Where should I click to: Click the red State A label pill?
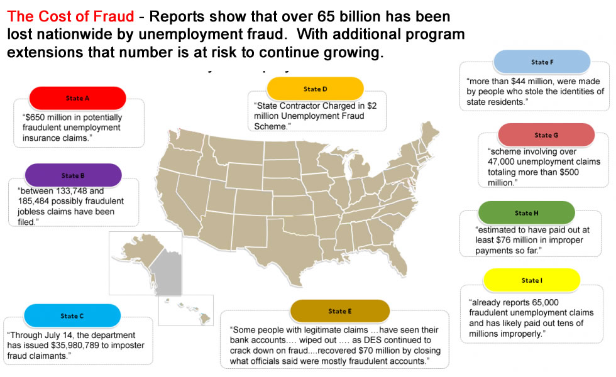click(77, 98)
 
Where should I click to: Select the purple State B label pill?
click(73, 175)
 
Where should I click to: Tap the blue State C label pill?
click(72, 315)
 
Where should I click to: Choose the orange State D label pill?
click(315, 89)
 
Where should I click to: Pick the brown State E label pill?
click(340, 311)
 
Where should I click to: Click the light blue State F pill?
click(542, 62)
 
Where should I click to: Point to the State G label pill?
click(546, 134)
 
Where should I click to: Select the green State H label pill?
click(527, 213)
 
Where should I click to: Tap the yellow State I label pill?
click(532, 280)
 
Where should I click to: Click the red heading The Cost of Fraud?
click(70, 16)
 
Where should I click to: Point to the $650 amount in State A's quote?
click(35, 117)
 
